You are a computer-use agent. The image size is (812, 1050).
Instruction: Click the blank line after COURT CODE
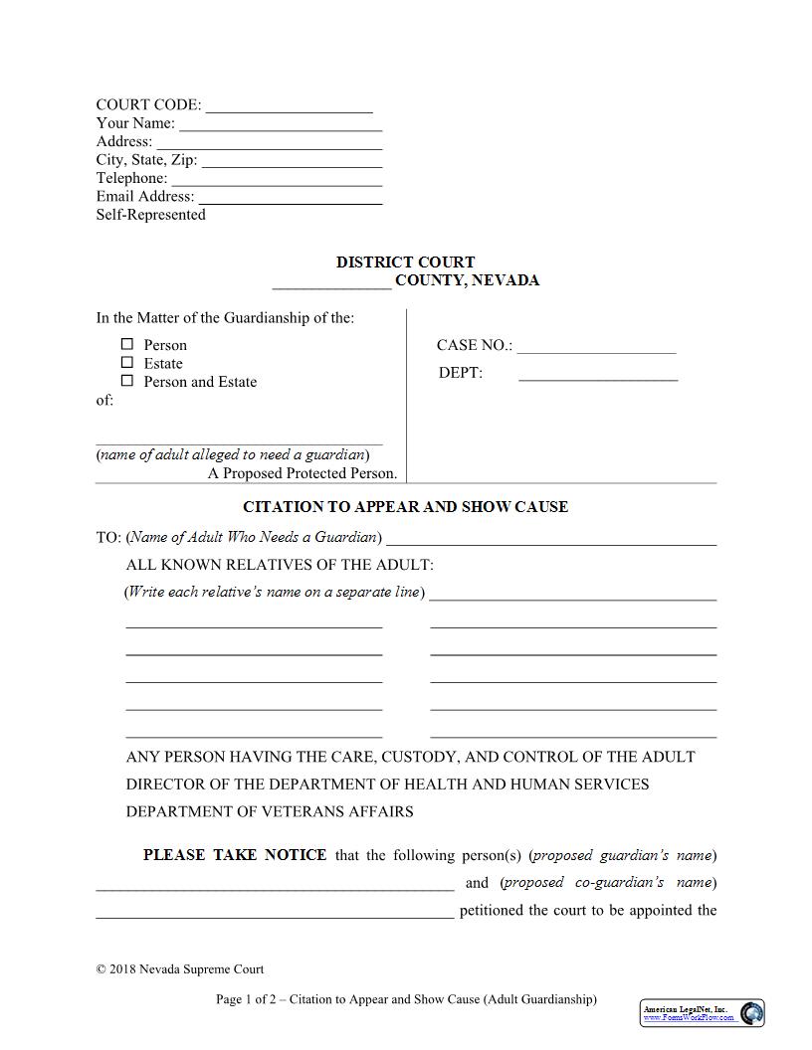click(x=289, y=107)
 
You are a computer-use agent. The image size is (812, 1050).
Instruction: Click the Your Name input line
click(x=281, y=125)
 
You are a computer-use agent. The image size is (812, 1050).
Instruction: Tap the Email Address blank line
click(x=290, y=198)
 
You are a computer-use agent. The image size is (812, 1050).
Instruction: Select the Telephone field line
click(x=277, y=180)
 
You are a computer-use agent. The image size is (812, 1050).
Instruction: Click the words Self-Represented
click(x=150, y=215)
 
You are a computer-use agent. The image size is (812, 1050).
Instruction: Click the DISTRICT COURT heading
click(x=405, y=262)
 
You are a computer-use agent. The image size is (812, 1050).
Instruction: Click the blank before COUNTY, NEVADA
click(x=331, y=282)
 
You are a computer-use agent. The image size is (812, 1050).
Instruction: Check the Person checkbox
click(x=126, y=344)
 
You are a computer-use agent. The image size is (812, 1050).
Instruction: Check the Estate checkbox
click(x=126, y=363)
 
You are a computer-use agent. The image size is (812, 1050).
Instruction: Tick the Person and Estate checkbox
click(x=126, y=381)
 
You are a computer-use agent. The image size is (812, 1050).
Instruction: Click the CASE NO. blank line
click(x=596, y=348)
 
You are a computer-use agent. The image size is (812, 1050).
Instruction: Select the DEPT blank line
click(x=598, y=375)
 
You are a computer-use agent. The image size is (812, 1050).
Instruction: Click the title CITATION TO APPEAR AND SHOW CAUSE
click(x=405, y=507)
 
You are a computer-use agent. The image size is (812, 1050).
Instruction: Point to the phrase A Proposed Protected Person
click(x=303, y=473)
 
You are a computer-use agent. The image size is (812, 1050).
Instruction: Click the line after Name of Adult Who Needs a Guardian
click(x=550, y=540)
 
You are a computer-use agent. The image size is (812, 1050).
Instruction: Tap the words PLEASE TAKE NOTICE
click(x=235, y=855)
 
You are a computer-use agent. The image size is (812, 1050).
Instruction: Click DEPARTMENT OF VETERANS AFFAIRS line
click(x=270, y=811)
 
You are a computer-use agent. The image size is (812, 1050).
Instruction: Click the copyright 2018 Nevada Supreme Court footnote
click(x=180, y=969)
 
